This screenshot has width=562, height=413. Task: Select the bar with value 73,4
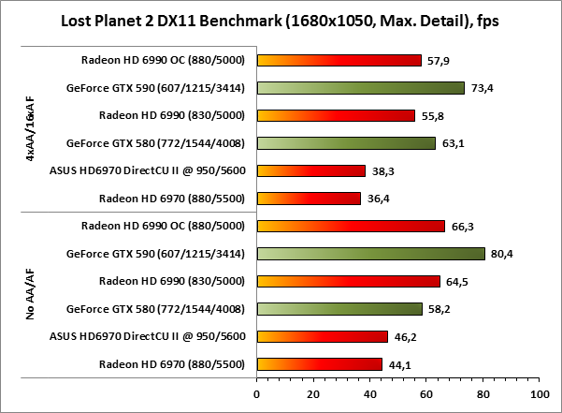(x=360, y=88)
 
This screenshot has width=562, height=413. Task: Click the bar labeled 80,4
(x=370, y=253)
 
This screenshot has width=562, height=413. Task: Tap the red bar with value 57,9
(x=339, y=61)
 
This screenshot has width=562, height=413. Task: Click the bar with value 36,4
(x=308, y=199)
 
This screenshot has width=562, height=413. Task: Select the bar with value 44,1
(x=319, y=363)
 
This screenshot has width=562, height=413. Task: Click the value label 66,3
(x=460, y=226)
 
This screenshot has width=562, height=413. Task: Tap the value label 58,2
(x=438, y=308)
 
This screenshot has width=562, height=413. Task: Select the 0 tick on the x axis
(x=256, y=393)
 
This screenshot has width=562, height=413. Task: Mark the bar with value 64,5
(x=348, y=281)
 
